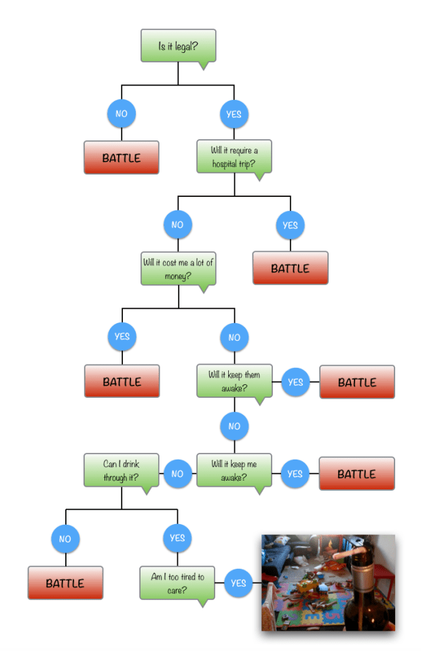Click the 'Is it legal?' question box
coord(178,46)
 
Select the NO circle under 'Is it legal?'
coord(121,114)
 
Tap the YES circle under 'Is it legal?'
coord(234,114)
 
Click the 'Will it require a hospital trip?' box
coord(234,157)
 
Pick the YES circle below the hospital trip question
coord(290,225)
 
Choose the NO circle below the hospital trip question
coord(177,225)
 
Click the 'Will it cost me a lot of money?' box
coord(178,269)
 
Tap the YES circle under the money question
coord(122,337)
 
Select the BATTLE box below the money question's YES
coord(122,381)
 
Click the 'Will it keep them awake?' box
coord(234,382)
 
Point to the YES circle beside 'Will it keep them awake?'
coord(295,382)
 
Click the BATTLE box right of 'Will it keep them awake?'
coord(356,382)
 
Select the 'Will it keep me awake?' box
coord(234,470)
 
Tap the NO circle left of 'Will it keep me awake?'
coord(177,473)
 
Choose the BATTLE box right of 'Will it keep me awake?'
coord(356,474)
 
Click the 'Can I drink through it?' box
coord(122,470)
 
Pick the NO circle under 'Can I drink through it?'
coord(65,539)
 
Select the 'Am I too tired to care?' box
coord(177,582)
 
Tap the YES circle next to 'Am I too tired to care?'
coord(238,582)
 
